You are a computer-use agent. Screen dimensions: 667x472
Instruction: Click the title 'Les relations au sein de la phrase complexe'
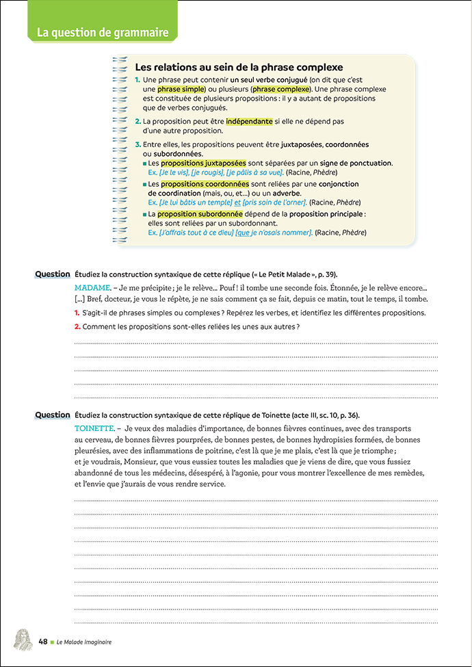pyautogui.click(x=239, y=68)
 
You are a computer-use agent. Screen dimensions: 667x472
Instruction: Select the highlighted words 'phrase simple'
pyautogui.click(x=181, y=90)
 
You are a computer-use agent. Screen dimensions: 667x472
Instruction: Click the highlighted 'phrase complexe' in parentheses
pyautogui.click(x=280, y=90)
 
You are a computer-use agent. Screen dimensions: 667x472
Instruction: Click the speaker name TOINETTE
pyautogui.click(x=95, y=428)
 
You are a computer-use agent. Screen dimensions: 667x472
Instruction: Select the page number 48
pyautogui.click(x=42, y=642)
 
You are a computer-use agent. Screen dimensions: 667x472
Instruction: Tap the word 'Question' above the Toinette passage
pyautogui.click(x=53, y=415)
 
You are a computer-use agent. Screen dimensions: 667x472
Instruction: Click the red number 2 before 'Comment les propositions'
pyautogui.click(x=77, y=326)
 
